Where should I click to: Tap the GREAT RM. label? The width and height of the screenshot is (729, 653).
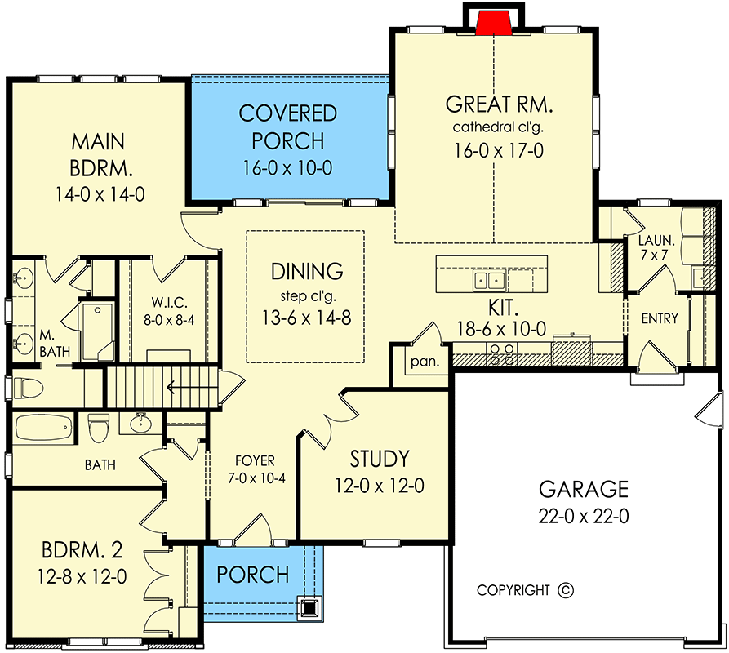pos(499,104)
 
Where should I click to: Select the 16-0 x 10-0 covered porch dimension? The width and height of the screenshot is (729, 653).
pos(288,168)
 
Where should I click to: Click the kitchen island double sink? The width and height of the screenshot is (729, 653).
pos(489,280)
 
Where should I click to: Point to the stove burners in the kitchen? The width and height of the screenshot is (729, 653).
pos(502,354)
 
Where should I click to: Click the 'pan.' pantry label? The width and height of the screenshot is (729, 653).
pos(425,361)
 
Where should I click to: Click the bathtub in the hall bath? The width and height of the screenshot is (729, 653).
pos(44,428)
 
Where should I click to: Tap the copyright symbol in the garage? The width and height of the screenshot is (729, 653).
pos(566,590)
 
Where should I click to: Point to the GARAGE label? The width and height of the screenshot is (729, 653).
pos(584,489)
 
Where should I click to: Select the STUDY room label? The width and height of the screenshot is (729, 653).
pos(380,459)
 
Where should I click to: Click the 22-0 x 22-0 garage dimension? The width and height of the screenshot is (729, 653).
pos(584,516)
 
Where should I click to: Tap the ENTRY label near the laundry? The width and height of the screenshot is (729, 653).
pos(660,318)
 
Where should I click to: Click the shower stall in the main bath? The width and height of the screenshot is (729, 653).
pos(98,331)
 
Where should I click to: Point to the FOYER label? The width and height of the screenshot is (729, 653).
pos(255,460)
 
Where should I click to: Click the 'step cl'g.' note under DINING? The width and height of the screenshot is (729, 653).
pos(307,295)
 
